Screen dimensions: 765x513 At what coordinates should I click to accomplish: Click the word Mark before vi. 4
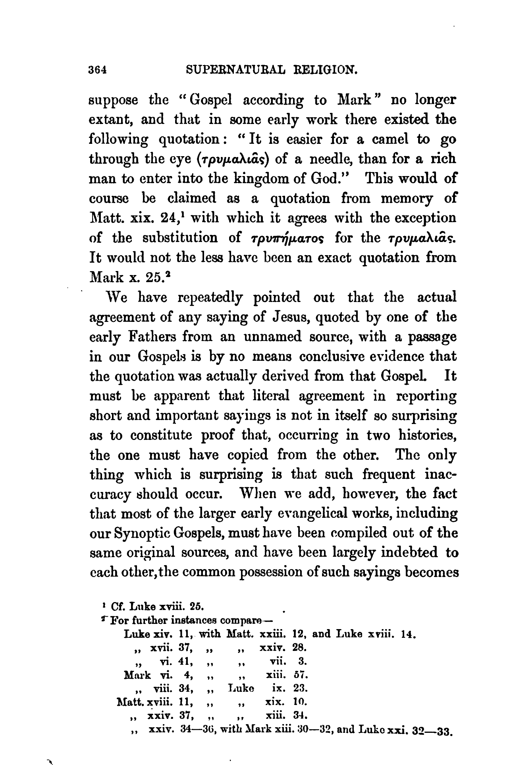(x=137, y=674)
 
